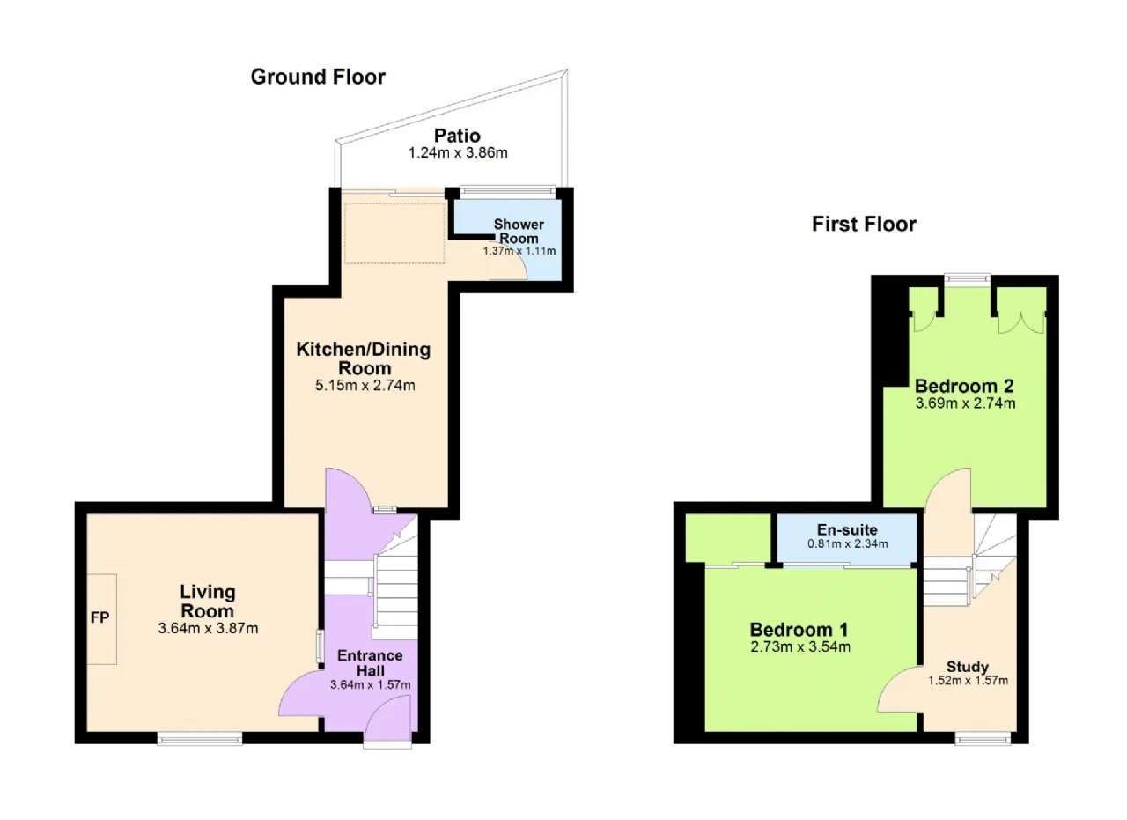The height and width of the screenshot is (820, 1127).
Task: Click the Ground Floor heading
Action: pos(318,77)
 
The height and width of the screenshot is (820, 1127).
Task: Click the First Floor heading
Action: pos(864,224)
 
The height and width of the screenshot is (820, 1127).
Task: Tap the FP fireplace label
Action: pos(99,617)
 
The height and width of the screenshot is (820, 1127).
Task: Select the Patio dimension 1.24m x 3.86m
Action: pos(458,153)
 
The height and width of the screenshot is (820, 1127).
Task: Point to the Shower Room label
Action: pos(519,231)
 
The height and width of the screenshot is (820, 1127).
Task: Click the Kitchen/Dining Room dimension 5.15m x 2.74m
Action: pos(365,386)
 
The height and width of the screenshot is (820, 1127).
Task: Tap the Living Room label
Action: pos(208,601)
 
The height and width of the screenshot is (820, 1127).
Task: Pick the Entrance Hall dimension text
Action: pos(371,684)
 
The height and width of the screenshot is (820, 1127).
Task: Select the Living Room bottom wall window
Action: pos(200,738)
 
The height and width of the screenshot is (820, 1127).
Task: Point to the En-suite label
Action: pos(847,529)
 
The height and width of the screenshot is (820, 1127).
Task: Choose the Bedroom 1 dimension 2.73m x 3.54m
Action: pos(800,646)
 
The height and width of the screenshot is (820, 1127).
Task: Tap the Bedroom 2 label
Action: pos(964,386)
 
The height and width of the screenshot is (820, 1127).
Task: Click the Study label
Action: pos(968,667)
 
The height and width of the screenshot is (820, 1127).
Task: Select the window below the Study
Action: pos(983,739)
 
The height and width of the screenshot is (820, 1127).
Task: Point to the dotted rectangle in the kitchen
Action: pos(394,233)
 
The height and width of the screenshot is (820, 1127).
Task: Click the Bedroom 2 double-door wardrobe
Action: pos(1021,322)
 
